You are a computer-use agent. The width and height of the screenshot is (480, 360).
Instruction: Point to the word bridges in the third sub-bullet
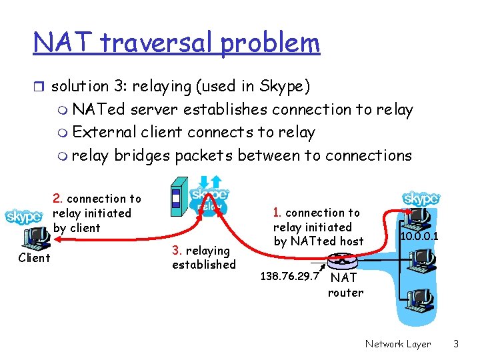point(140,155)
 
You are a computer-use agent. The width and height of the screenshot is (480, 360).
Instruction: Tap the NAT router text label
point(345,285)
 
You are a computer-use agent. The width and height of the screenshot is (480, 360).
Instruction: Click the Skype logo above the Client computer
point(24,217)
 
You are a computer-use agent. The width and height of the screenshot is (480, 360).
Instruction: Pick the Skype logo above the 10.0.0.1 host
point(421,199)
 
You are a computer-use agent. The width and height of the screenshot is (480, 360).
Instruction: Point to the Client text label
point(34,258)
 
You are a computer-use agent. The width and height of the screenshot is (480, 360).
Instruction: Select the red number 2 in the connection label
point(57,199)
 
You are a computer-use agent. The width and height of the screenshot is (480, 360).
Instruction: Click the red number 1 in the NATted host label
point(277,213)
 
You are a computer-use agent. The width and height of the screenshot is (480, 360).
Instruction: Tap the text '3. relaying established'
point(203,257)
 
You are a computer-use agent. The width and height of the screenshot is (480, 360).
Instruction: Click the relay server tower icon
point(177,197)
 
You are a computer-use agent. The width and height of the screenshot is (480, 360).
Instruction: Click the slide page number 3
point(456,344)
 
